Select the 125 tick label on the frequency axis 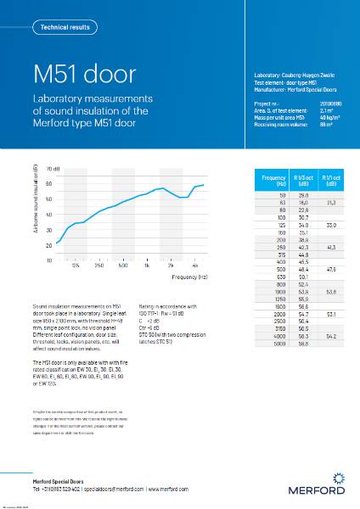(76, 266)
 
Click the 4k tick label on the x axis (196, 266)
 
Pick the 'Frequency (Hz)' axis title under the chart (190, 277)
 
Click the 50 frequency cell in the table (279, 195)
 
